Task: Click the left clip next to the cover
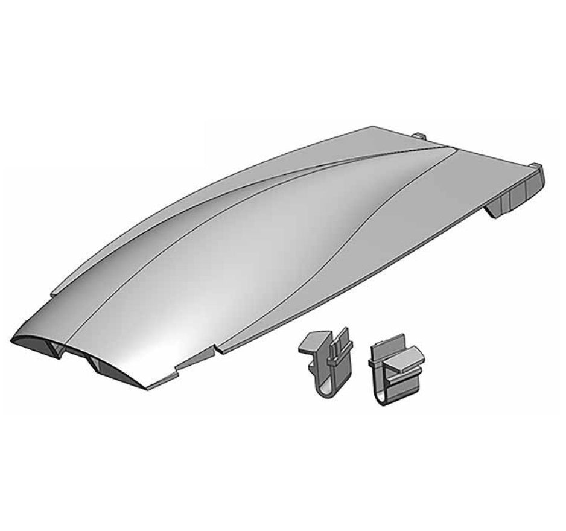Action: pos(326,362)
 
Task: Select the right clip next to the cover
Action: pos(395,372)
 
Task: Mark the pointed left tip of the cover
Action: pos(13,341)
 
